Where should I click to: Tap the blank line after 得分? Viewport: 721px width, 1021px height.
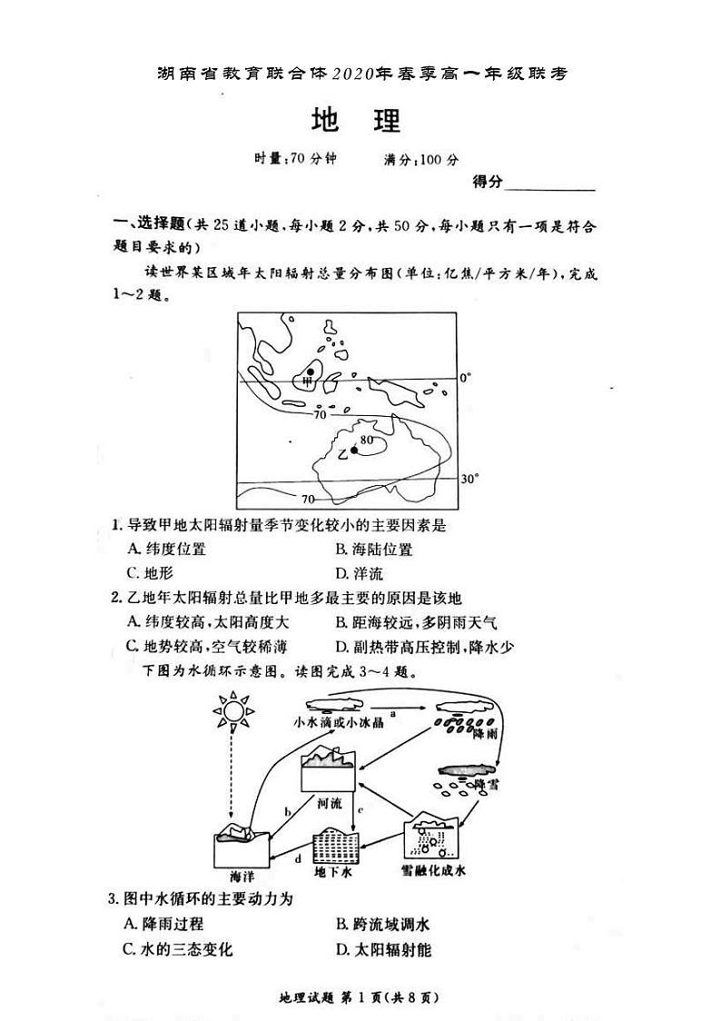[x=549, y=184]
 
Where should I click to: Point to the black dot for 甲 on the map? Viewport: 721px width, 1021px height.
[x=311, y=372]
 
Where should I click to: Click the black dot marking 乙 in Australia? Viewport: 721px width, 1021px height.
[x=353, y=450]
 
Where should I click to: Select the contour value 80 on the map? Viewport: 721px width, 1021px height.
[x=367, y=441]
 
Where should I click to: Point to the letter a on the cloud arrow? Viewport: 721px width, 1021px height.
[x=392, y=715]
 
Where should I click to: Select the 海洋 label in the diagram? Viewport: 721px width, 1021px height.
[x=242, y=877]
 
